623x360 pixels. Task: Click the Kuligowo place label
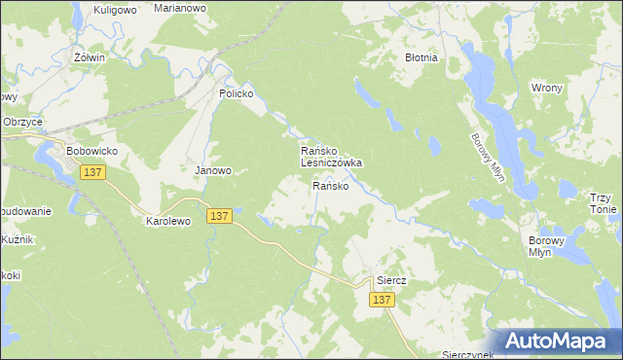tap(113, 9)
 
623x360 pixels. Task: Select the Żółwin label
tap(89, 57)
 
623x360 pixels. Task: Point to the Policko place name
tap(236, 93)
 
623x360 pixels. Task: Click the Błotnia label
tap(421, 57)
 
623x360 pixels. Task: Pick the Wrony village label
tap(547, 88)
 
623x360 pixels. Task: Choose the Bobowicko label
tap(92, 152)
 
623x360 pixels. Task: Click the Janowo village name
tap(213, 170)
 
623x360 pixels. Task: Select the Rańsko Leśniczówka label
tap(330, 159)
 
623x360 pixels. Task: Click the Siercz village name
tap(390, 280)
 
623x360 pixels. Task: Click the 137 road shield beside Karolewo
tap(219, 216)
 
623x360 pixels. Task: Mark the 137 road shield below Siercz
tap(383, 301)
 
